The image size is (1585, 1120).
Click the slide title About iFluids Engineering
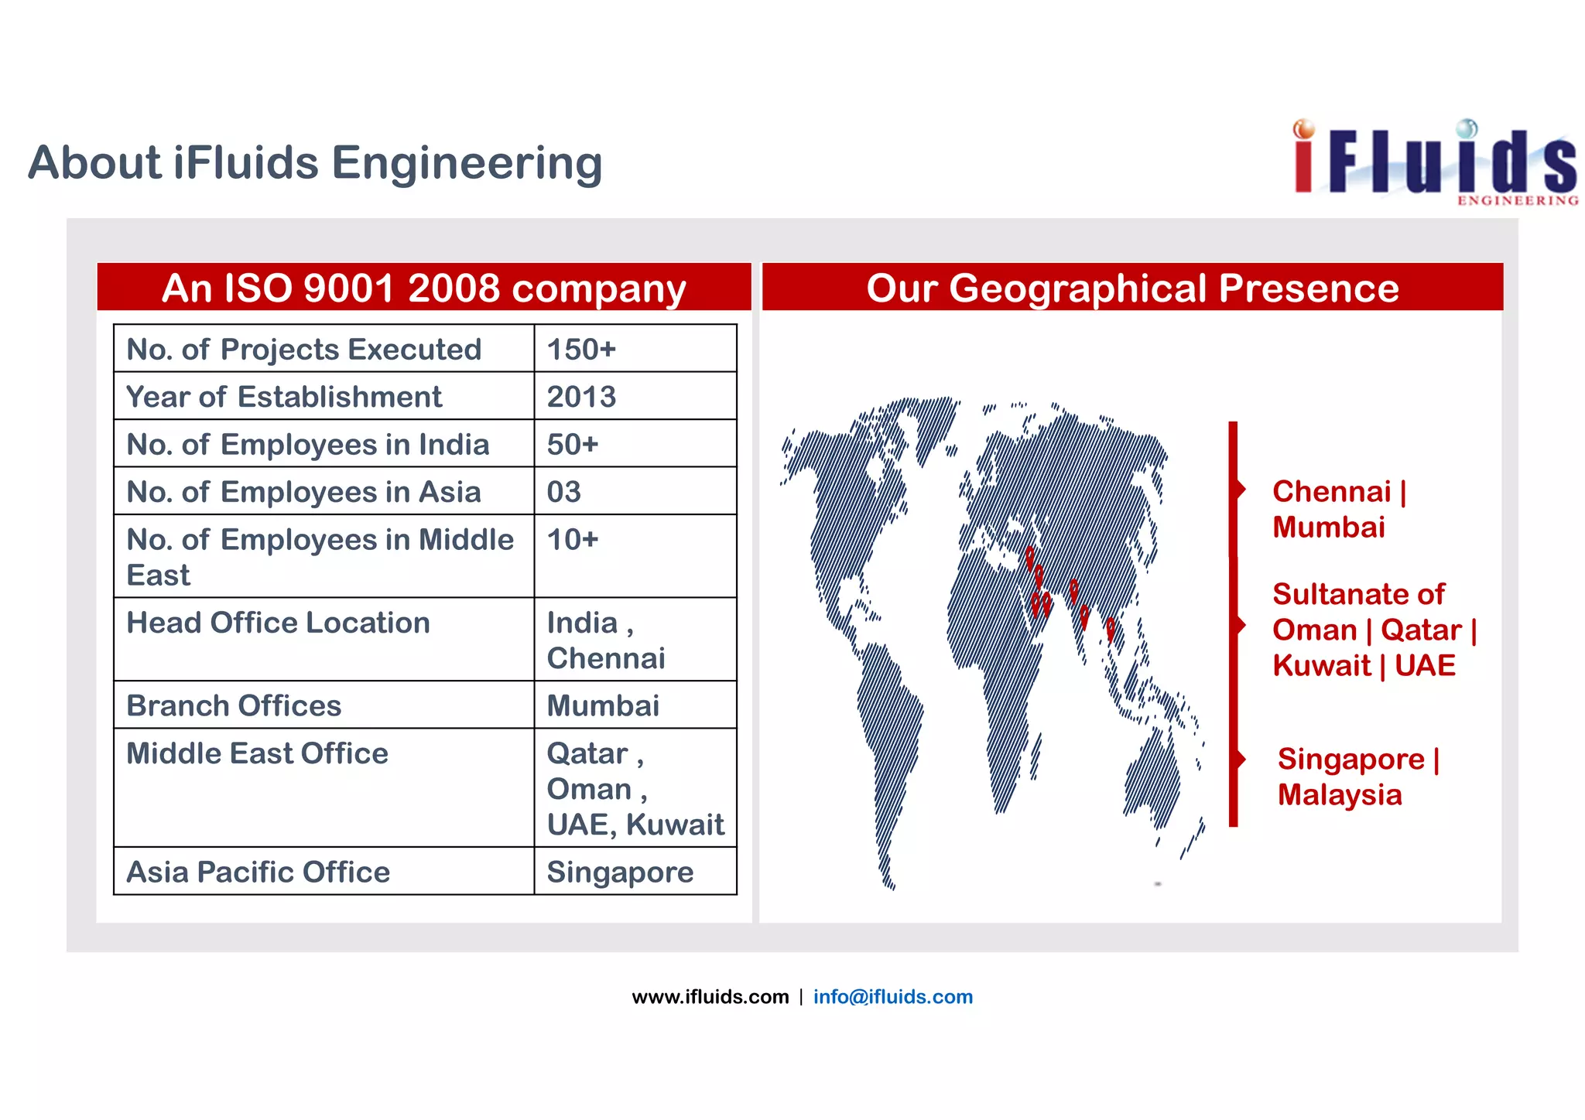[x=315, y=163]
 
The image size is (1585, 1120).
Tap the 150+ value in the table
[x=581, y=350]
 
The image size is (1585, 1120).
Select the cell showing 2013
[x=581, y=397]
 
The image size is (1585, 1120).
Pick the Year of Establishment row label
[x=284, y=397]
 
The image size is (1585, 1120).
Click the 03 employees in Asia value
[x=564, y=492]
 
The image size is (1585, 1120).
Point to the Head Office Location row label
[x=278, y=623]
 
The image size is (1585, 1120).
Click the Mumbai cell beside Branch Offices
[x=603, y=705]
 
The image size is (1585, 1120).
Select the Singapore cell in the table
[x=620, y=872]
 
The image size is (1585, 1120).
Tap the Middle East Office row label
[x=257, y=753]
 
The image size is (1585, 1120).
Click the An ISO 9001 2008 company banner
[x=423, y=288]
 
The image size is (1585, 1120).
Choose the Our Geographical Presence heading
[x=1131, y=288]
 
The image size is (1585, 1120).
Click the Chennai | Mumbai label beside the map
[x=1339, y=509]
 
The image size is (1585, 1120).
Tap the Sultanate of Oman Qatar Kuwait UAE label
[x=1374, y=630]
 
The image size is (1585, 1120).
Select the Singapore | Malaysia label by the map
[x=1357, y=777]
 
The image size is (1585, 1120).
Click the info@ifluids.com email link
[x=892, y=996]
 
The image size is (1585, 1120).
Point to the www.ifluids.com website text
[x=710, y=996]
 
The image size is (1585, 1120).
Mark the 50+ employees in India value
[x=573, y=445]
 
